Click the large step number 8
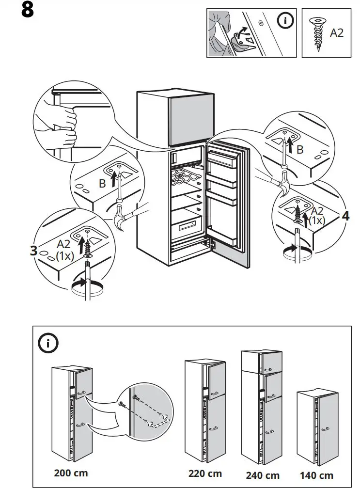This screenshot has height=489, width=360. [x=28, y=10]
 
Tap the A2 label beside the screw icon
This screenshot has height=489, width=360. [x=337, y=32]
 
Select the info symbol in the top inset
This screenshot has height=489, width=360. [x=286, y=21]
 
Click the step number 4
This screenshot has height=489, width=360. [x=345, y=216]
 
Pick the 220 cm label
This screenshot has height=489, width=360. [x=205, y=473]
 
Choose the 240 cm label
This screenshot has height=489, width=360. [x=263, y=475]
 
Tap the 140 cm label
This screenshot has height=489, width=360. [x=316, y=475]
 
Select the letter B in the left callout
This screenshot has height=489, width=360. [x=102, y=184]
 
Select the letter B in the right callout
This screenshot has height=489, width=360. [x=300, y=150]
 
